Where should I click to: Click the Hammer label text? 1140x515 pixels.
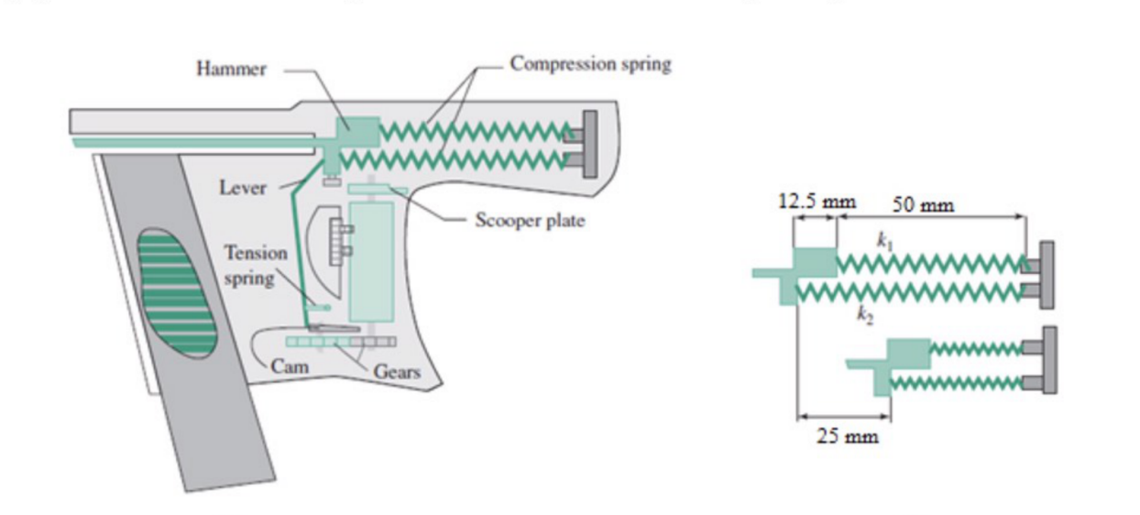pyautogui.click(x=231, y=70)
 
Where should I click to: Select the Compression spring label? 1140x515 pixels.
pyautogui.click(x=590, y=64)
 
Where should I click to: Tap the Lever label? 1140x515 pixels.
pyautogui.click(x=243, y=188)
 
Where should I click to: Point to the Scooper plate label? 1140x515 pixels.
pyautogui.click(x=529, y=221)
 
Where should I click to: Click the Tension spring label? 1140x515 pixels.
pyautogui.click(x=256, y=265)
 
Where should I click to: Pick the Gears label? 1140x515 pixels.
pyautogui.click(x=396, y=371)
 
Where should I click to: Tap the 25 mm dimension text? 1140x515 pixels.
pyautogui.click(x=847, y=435)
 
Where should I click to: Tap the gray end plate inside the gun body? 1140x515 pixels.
pyautogui.click(x=590, y=145)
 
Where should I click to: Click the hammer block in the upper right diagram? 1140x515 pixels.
pyautogui.click(x=814, y=265)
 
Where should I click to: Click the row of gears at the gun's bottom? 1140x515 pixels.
pyautogui.click(x=341, y=341)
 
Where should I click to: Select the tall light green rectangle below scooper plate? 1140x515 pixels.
pyautogui.click(x=371, y=261)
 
